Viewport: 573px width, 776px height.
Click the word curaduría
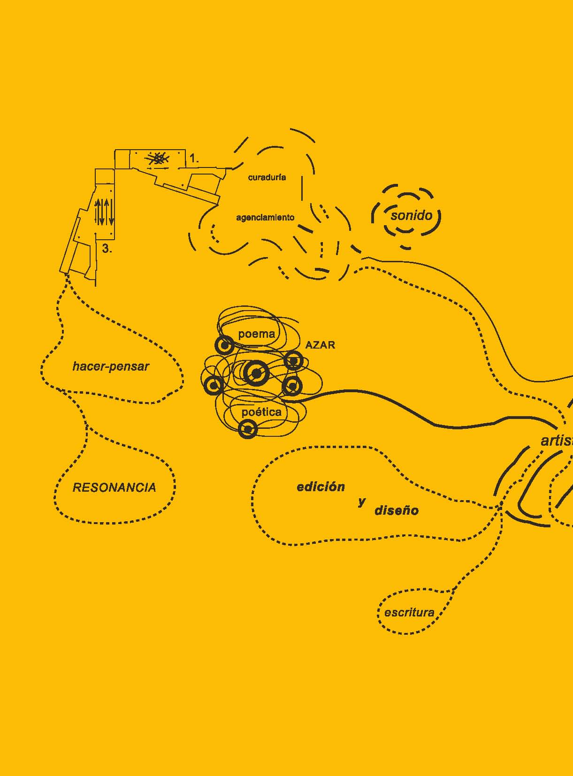[267, 177]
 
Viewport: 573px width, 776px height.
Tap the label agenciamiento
[265, 217]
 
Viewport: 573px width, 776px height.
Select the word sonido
[411, 215]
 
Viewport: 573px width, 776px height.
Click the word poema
[256, 334]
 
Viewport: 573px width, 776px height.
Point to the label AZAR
[320, 345]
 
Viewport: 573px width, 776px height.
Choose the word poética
[261, 412]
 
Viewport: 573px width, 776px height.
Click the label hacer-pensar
[111, 366]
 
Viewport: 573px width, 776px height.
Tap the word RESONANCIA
[114, 487]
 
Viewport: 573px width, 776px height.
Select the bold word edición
[321, 487]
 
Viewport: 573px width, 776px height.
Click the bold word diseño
[396, 510]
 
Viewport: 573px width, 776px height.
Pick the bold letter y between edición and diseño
[361, 502]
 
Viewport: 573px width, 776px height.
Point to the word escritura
[409, 612]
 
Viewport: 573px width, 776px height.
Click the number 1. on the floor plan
[194, 159]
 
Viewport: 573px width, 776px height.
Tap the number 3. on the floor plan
[107, 249]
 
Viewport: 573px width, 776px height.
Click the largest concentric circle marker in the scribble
[256, 373]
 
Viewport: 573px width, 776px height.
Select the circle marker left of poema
[224, 345]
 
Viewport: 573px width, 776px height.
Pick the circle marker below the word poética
[247, 429]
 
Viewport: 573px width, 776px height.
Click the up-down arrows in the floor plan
[104, 212]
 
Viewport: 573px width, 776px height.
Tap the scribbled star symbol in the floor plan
[158, 159]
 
